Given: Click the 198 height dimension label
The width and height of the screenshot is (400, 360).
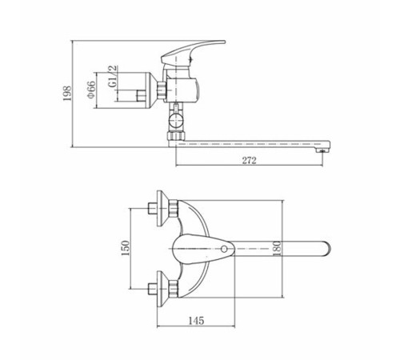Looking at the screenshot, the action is click(x=67, y=93).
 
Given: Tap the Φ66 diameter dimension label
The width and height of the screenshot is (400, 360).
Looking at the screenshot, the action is click(x=91, y=89).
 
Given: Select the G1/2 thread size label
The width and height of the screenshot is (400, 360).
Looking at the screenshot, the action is click(x=113, y=76).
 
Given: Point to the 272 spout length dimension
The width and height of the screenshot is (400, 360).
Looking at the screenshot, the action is click(x=249, y=160).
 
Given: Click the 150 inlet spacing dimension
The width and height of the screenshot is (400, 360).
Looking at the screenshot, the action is click(x=125, y=248).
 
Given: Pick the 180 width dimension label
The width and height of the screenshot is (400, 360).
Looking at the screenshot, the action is click(x=277, y=249).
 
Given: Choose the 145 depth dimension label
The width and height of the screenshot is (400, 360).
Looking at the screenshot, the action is click(x=197, y=320).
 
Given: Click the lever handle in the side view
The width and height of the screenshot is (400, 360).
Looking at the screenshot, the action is click(x=193, y=53).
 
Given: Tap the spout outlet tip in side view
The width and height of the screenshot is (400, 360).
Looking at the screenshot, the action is click(x=322, y=150).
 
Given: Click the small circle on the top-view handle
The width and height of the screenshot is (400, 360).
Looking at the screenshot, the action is click(x=224, y=249).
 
